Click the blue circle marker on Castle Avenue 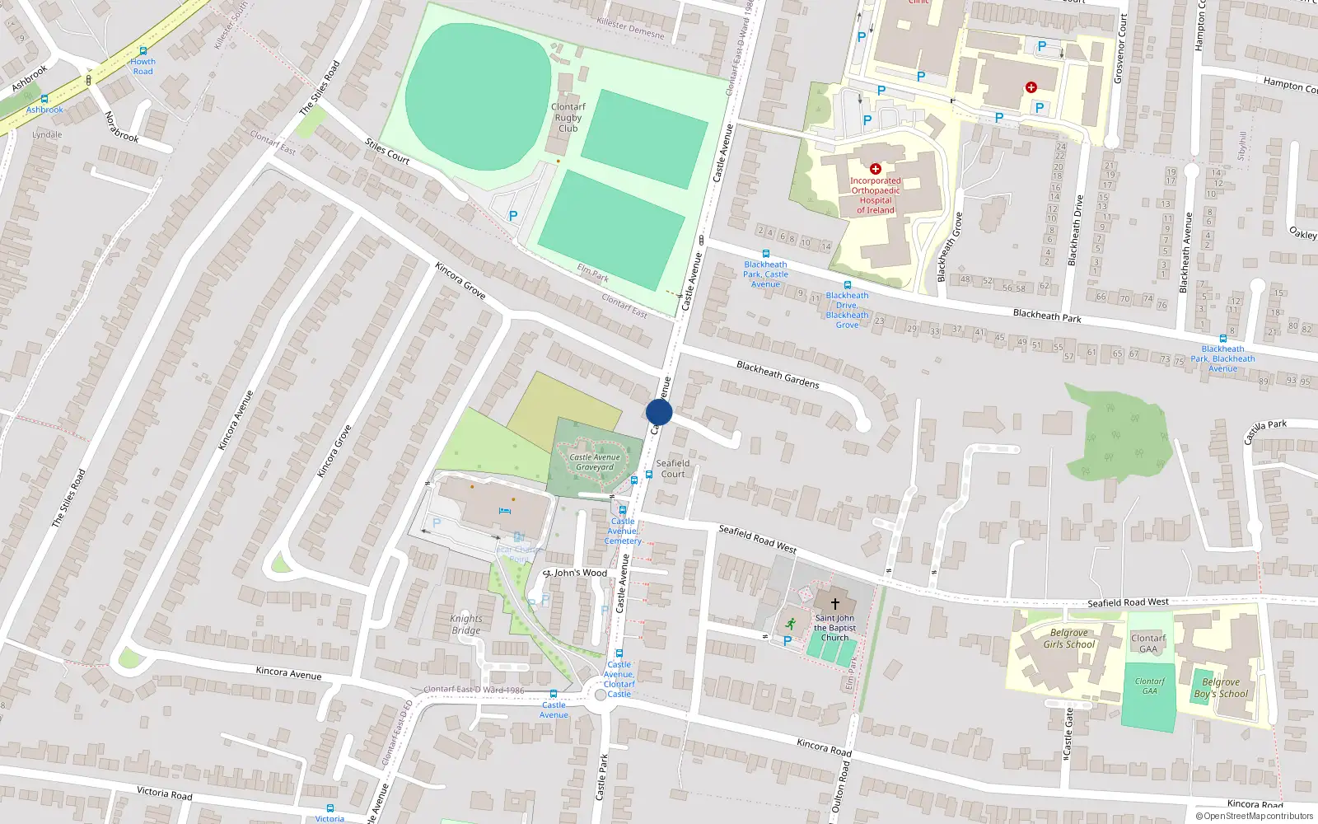659,412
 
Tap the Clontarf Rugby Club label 568,118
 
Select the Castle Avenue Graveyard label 595,462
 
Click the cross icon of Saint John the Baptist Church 834,604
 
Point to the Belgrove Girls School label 1069,639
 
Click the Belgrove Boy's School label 1222,688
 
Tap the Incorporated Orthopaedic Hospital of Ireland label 876,195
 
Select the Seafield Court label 672,468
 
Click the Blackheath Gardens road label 778,374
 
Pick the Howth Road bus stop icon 143,51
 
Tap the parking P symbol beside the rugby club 513,216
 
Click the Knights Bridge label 466,625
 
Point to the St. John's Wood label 576,573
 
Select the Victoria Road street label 165,794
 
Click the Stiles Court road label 387,152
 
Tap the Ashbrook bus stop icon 44,99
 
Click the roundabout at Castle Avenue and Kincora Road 601,695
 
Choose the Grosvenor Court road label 1119,49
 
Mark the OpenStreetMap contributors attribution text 1255,816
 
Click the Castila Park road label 1264,431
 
